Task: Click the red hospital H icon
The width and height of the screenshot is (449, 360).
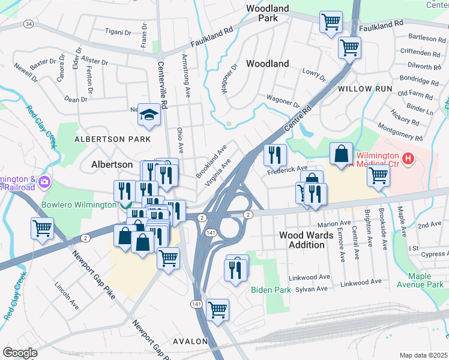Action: tap(408, 159)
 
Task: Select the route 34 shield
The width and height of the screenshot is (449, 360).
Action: tap(28, 23)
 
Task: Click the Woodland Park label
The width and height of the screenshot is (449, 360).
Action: tap(268, 13)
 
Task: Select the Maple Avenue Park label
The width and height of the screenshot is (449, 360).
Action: tap(425, 280)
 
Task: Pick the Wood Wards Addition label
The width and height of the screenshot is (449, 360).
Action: tap(306, 241)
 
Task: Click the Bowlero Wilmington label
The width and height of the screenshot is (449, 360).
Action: tap(78, 205)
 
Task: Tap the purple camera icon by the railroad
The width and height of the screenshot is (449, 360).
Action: tap(43, 181)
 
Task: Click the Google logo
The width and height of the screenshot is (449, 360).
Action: tap(20, 353)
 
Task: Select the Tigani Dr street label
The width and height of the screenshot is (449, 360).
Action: tap(118, 31)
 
